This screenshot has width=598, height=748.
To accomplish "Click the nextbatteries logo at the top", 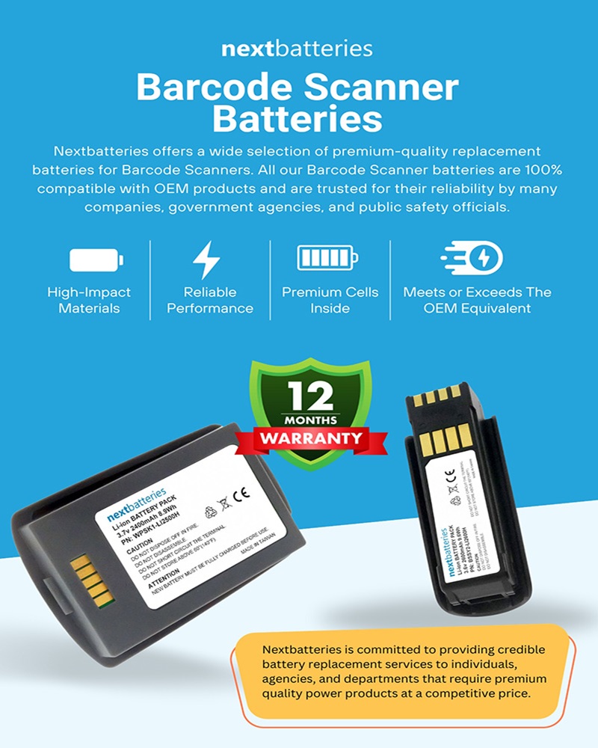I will [x=297, y=49].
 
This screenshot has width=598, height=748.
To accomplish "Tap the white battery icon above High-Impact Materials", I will [x=96, y=260].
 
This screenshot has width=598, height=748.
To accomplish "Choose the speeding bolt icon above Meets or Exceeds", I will [x=471, y=259].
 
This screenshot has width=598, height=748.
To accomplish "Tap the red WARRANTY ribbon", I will [x=311, y=438].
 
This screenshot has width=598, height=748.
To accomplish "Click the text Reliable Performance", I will [x=209, y=300].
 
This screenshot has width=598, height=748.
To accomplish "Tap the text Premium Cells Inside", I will [x=330, y=300].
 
